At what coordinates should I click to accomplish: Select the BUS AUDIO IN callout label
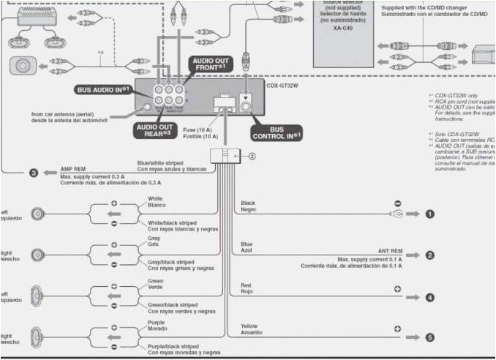pyautogui.click(x=104, y=89)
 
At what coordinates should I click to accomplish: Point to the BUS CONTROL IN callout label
pyautogui.click(x=277, y=132)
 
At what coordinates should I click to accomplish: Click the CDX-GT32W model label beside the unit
pyautogui.click(x=282, y=85)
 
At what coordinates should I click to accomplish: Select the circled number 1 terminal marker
pyautogui.click(x=430, y=214)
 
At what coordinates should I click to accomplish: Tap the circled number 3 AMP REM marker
pyautogui.click(x=34, y=173)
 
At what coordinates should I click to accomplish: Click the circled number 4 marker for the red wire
pyautogui.click(x=430, y=297)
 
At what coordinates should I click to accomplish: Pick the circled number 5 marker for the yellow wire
pyautogui.click(x=430, y=337)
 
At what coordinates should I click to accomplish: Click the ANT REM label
pyautogui.click(x=390, y=251)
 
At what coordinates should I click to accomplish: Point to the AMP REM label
pyautogui.click(x=72, y=168)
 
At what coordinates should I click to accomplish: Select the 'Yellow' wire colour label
pyautogui.click(x=249, y=326)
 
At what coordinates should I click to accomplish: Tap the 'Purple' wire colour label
pyautogui.click(x=157, y=322)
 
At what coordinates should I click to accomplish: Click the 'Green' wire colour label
pyautogui.click(x=155, y=280)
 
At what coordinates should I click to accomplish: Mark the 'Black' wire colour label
pyautogui.click(x=248, y=202)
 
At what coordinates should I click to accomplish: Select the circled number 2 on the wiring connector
pyautogui.click(x=252, y=155)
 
